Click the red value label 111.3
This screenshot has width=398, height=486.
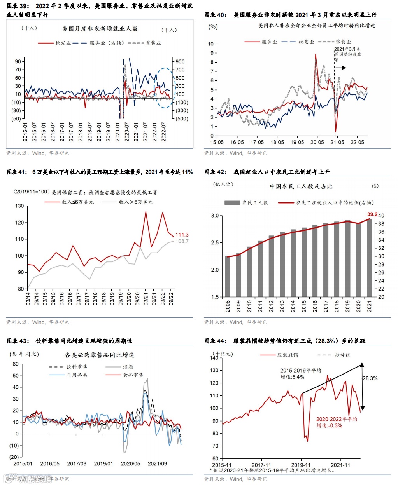pyautogui.click(x=182, y=235)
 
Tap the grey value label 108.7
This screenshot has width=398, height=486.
pyautogui.click(x=182, y=241)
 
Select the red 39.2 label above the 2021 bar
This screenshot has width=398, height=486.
pyautogui.click(x=372, y=214)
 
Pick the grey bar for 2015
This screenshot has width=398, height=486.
pyautogui.click(x=304, y=262)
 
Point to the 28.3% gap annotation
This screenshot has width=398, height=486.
pyautogui.click(x=370, y=378)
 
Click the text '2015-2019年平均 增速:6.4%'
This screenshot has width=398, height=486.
pyautogui.click(x=300, y=373)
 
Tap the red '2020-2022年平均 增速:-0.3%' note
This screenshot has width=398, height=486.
pyautogui.click(x=336, y=422)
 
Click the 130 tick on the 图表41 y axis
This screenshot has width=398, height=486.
pyautogui.click(x=19, y=206)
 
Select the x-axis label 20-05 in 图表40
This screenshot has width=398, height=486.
pyautogui.click(x=317, y=142)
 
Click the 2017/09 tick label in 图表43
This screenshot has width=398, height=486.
pyautogui.click(x=77, y=463)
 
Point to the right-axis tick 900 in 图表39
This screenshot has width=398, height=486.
pyautogui.click(x=180, y=61)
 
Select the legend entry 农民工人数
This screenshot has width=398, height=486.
pyautogui.click(x=255, y=202)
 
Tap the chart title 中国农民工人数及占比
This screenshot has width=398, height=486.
pyautogui.click(x=301, y=186)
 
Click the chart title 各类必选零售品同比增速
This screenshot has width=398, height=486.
pyautogui.click(x=99, y=355)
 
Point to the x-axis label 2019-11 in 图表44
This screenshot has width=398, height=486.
pyautogui.click(x=301, y=465)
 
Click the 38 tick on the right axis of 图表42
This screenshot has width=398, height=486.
pyautogui.click(x=381, y=224)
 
